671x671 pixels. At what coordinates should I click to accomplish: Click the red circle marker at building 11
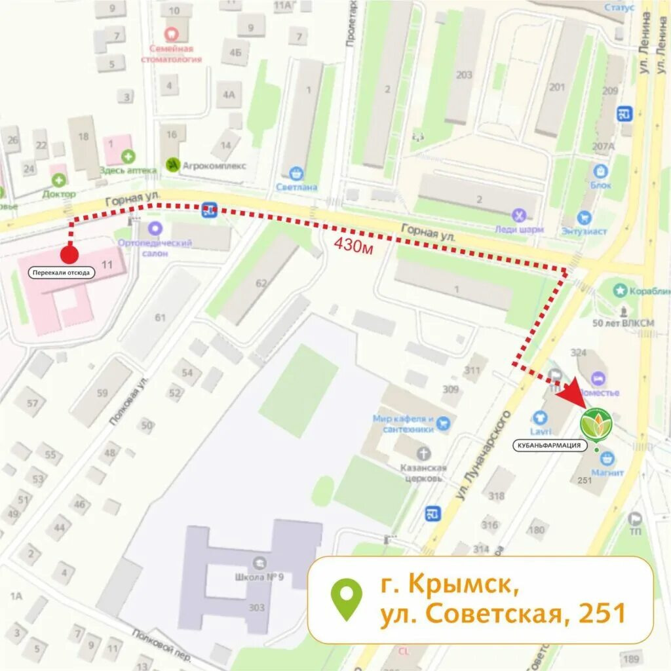(x=69, y=254)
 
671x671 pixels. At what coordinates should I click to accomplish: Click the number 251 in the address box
(x=603, y=613)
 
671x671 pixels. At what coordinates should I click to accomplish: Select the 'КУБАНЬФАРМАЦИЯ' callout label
(x=550, y=446)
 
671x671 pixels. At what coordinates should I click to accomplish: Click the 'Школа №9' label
(x=258, y=578)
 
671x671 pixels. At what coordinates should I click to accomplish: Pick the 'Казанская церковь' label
(x=424, y=472)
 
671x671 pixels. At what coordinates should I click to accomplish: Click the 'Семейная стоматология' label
(x=171, y=54)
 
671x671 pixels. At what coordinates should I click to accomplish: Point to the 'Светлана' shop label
(x=296, y=187)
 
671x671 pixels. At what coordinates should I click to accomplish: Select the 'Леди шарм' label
(x=520, y=230)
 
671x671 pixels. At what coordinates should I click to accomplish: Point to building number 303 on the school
(x=256, y=607)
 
